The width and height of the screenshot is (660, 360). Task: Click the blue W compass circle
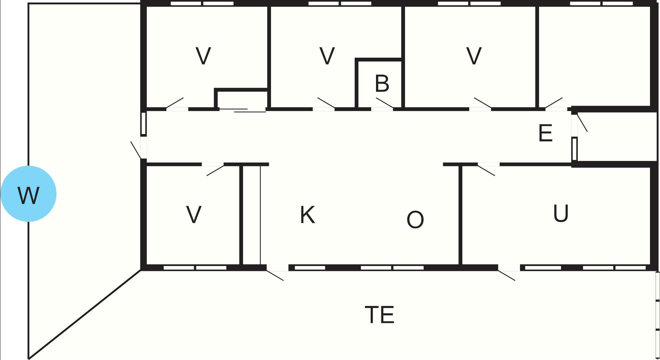point(28,194)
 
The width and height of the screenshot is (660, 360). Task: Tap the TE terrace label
point(380,315)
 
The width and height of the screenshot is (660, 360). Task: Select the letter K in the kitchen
point(307,215)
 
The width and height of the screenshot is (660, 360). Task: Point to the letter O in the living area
point(415,219)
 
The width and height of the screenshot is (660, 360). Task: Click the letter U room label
point(561,213)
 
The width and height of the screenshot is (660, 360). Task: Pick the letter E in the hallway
point(545,133)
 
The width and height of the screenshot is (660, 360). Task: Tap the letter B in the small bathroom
point(382,83)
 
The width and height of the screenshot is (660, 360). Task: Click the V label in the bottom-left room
point(194,214)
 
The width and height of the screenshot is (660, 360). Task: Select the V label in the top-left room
point(203,56)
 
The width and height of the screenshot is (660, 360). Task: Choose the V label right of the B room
point(474,56)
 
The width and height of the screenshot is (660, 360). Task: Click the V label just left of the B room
point(327,56)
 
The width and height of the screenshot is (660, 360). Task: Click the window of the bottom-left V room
point(195,268)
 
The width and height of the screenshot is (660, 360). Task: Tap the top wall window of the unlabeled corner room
point(601,3)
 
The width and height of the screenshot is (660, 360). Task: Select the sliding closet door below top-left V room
point(242,110)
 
